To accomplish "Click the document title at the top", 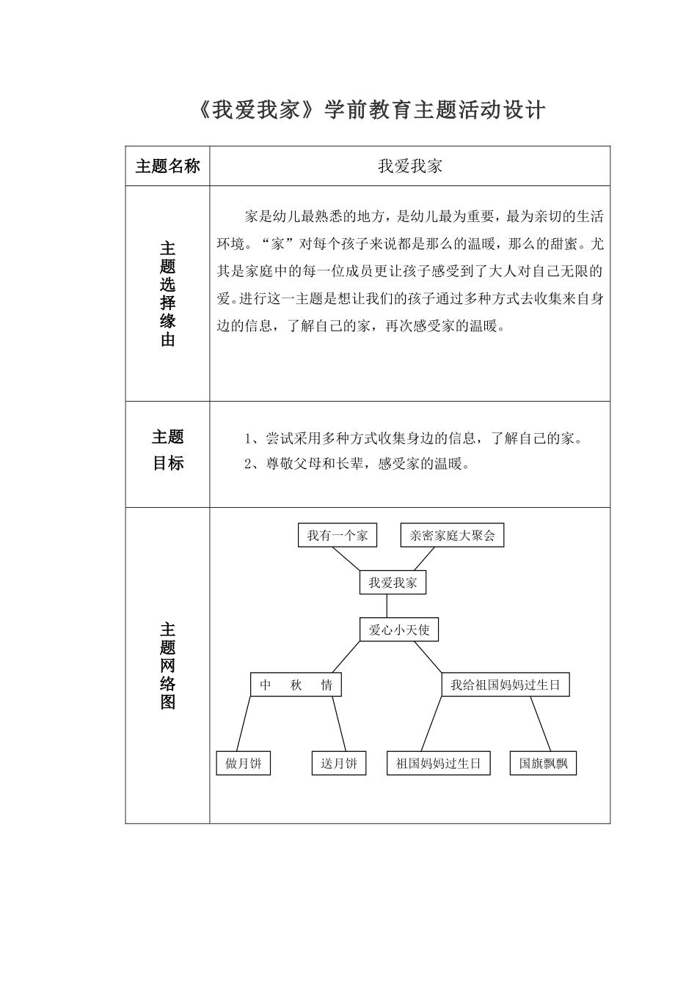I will click(372, 111).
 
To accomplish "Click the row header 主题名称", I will click(167, 166).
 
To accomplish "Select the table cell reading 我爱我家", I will click(409, 166).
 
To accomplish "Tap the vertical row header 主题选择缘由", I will click(167, 294).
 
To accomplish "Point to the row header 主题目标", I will click(167, 450).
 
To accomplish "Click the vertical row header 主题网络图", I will click(167, 665).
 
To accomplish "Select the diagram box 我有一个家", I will click(337, 535).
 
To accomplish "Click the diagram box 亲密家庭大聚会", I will click(452, 535).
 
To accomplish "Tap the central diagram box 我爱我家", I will click(393, 583).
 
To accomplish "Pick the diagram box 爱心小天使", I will click(398, 630).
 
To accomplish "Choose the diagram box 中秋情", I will click(296, 685).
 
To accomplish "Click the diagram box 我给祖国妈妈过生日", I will click(505, 685).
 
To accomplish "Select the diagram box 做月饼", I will click(243, 763).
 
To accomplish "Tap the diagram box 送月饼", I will click(338, 763).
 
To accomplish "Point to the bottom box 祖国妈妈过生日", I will click(438, 763).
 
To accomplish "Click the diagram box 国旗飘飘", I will click(543, 763).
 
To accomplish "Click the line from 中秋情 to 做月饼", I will click(244, 723).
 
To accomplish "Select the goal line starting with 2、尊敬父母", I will click(356, 463).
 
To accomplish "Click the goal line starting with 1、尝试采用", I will click(413, 439).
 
